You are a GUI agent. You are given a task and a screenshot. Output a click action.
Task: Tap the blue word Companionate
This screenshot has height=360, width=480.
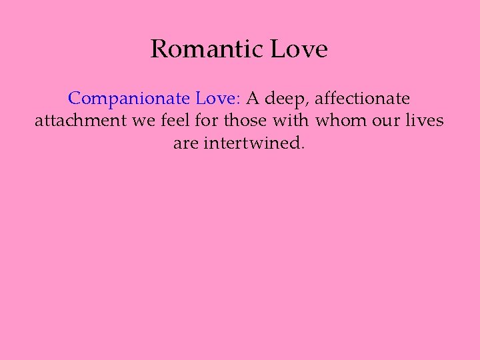pos(129,99)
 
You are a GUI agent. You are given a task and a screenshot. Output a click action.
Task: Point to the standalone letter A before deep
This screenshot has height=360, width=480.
pos(253,99)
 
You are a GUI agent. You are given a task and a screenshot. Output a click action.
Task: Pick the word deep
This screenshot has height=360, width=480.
pos(286,99)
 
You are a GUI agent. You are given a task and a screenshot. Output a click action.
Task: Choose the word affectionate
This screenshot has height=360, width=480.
pos(362,99)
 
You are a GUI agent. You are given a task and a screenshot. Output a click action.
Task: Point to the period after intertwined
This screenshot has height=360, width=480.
pos(303,147)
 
